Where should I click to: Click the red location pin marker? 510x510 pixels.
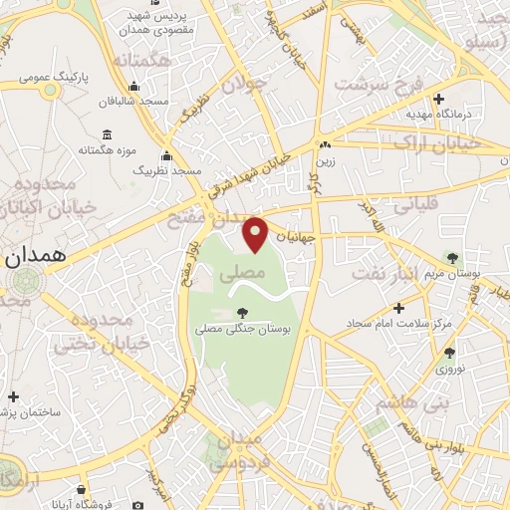click(x=257, y=233)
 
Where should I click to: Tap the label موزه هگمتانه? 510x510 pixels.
click(x=107, y=149)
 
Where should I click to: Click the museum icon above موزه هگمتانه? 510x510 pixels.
click(x=107, y=135)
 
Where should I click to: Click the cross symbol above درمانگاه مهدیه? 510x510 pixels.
click(x=439, y=99)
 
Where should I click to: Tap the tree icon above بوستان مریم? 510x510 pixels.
click(x=454, y=258)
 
